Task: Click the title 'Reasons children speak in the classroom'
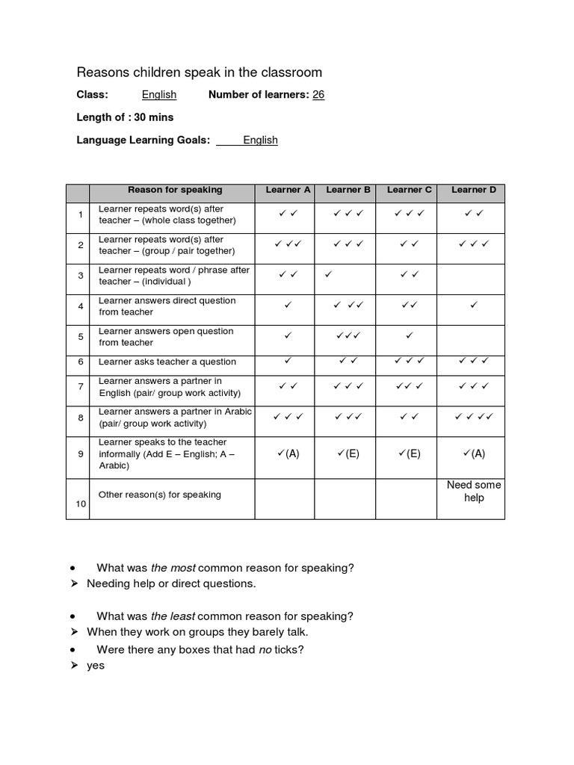pos(200,72)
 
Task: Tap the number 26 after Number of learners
pos(318,95)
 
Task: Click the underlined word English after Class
pos(159,95)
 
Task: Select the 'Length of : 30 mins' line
pos(125,117)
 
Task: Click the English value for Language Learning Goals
pos(260,140)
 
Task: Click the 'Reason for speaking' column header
pos(175,191)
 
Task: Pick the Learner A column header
pos(288,191)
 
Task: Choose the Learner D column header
pos(474,191)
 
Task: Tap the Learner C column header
pos(410,191)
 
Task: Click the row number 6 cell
pos(80,362)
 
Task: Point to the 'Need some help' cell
pos(474,492)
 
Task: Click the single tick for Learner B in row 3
pos(328,275)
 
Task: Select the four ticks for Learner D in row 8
pos(474,417)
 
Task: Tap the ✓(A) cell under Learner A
pos(288,453)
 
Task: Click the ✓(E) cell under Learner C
pos(410,453)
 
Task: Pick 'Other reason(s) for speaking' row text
pos(160,495)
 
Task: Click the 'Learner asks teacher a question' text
pos(167,362)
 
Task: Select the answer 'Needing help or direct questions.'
pos(171,583)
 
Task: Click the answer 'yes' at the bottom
pos(96,665)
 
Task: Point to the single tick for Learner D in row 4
pos(473,305)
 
